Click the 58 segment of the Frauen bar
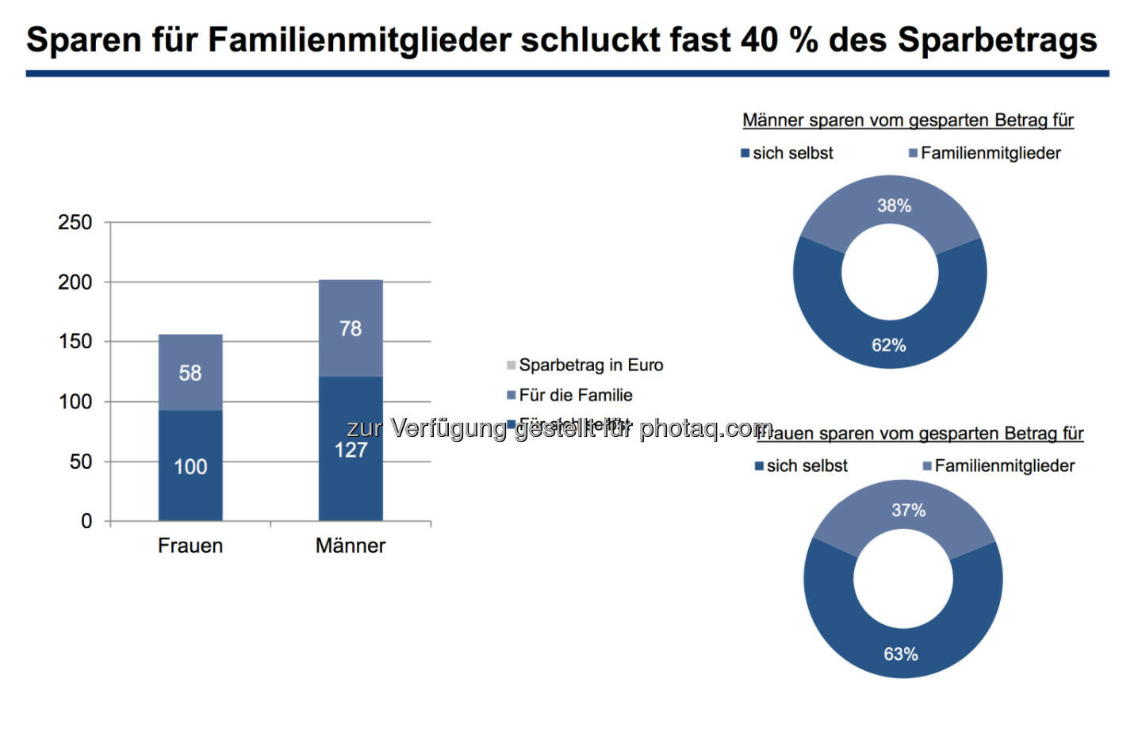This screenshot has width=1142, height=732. point(190,372)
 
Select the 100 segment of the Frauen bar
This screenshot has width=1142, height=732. point(190,466)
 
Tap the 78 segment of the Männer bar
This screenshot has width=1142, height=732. point(351,328)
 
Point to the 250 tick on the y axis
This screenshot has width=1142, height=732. point(75,222)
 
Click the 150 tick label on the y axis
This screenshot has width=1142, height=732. point(75,342)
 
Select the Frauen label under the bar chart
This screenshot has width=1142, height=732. point(190,546)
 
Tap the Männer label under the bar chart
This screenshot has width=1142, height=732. point(351,546)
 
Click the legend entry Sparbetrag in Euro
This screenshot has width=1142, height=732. point(590,365)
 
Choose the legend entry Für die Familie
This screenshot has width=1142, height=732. point(575,395)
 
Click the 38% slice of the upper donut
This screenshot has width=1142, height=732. point(893,206)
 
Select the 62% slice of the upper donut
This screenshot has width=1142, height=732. point(888,345)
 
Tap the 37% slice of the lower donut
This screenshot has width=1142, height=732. point(908,511)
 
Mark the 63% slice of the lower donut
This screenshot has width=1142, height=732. point(901,654)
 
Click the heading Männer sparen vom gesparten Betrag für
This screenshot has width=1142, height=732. point(908,121)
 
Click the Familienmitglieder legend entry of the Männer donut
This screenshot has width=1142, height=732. point(990,153)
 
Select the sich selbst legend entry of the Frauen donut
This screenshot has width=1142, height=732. point(807,466)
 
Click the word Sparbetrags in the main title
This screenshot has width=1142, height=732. point(997,40)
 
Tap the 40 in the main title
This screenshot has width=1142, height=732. point(759,40)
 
